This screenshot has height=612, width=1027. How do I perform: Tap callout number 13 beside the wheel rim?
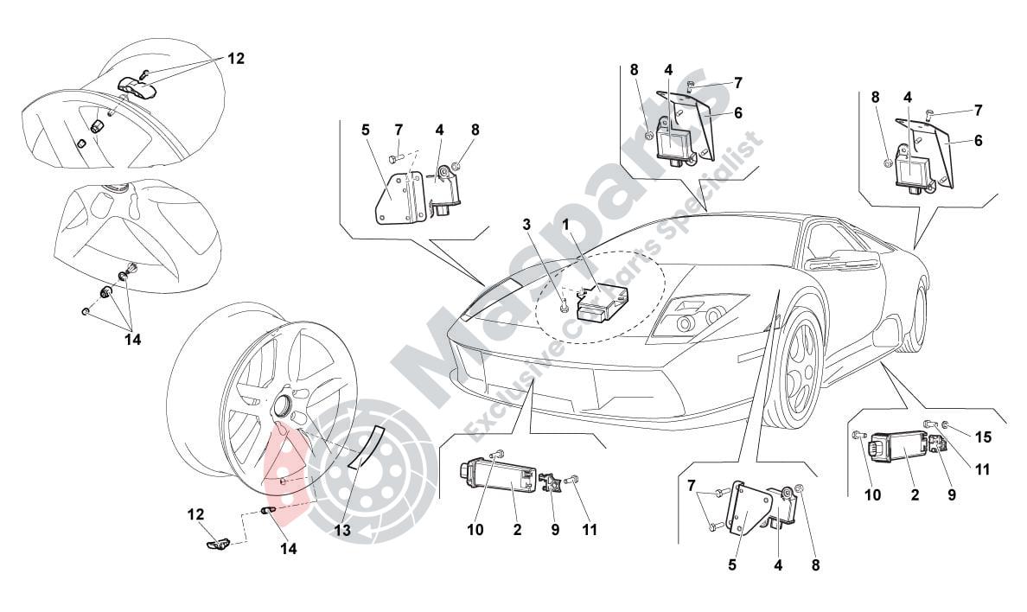(341, 531)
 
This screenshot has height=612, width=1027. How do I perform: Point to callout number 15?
(982, 437)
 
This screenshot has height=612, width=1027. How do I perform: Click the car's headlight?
(697, 318)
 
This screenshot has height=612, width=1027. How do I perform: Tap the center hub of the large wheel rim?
(282, 405)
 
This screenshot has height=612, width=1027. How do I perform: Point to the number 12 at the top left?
(236, 59)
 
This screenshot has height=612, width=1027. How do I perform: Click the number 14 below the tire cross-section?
(132, 340)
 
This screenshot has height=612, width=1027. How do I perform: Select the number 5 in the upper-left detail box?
(366, 130)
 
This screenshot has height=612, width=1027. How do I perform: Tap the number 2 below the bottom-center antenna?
(517, 530)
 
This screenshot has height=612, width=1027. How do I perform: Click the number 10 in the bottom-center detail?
(475, 530)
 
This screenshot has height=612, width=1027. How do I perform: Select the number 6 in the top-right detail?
(978, 139)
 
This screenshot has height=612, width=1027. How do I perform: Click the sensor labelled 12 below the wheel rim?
(217, 543)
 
